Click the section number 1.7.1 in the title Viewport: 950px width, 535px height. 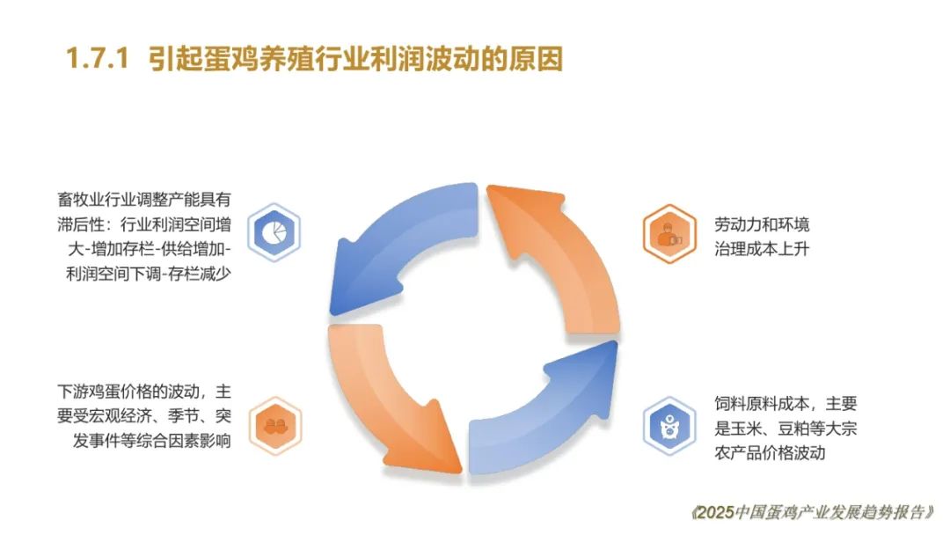[x=97, y=59]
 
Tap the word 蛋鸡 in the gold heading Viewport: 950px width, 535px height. [x=230, y=59]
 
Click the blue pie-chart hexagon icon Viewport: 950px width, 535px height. [x=274, y=232]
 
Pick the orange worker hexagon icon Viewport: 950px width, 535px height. [x=669, y=233]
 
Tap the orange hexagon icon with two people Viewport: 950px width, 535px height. [x=275, y=426]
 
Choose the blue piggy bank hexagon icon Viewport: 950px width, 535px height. [x=669, y=426]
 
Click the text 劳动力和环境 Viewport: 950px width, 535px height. [x=762, y=224]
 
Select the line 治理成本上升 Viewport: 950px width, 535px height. [x=762, y=249]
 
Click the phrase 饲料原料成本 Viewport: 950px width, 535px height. [x=762, y=404]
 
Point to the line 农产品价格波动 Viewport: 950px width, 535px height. [x=770, y=452]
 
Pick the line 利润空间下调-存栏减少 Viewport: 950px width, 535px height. [x=149, y=274]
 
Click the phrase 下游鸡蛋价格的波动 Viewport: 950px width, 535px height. [x=128, y=392]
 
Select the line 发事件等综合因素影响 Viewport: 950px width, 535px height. [x=152, y=441]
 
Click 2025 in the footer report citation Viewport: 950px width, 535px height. [x=715, y=513]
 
